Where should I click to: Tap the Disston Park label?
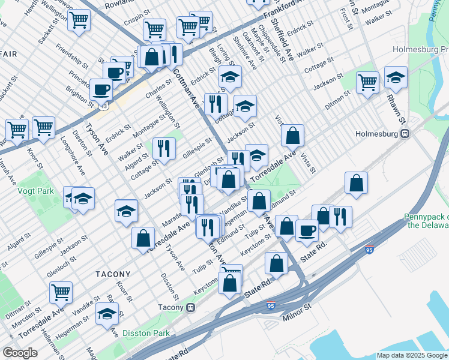point(146,333)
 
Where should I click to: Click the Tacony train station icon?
point(191,307)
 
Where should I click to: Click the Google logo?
point(20,353)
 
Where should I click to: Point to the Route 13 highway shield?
point(105,106)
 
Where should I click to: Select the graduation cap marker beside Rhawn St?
point(396,77)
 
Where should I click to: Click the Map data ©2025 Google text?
point(411,355)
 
